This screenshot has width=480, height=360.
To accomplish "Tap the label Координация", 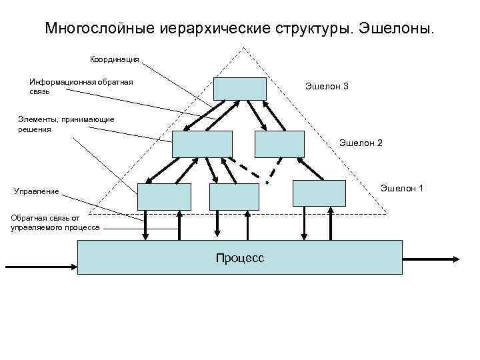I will click(115, 59).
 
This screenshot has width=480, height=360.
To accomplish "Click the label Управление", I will click(37, 192).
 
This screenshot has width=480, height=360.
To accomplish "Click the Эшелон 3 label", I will click(327, 87).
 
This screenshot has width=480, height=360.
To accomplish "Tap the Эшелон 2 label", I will click(361, 143).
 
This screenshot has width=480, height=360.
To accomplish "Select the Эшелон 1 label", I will click(401, 189).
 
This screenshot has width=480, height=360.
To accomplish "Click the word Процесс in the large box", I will click(239, 257).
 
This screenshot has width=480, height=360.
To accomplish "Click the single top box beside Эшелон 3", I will click(240, 88).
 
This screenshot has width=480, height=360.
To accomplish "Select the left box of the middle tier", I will click(202, 144).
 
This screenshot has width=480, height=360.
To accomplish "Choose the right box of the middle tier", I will click(279, 144).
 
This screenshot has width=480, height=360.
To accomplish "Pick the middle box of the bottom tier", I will click(234, 197).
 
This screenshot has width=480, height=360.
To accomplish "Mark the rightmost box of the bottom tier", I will click(320, 193).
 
